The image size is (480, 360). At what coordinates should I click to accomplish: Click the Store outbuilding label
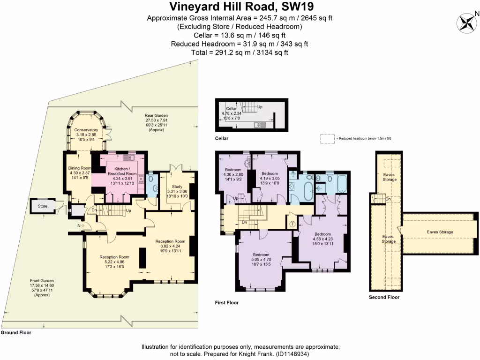(43, 206)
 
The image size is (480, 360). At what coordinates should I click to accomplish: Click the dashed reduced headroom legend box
(326, 138)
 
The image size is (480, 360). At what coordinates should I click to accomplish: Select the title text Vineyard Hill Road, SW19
(240, 7)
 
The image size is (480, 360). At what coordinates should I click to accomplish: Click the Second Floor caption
(384, 297)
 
